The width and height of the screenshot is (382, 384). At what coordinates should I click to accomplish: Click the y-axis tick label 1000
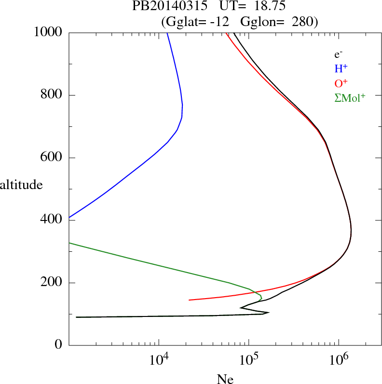pyautogui.click(x=48, y=32)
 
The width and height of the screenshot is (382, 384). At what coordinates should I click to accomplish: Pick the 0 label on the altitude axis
pyautogui.click(x=59, y=345)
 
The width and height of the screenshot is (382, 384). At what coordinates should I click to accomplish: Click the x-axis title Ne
pyautogui.click(x=226, y=379)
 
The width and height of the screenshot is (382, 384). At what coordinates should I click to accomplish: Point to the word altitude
pyautogui.click(x=21, y=184)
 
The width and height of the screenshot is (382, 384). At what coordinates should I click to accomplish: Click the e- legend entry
pyautogui.click(x=338, y=55)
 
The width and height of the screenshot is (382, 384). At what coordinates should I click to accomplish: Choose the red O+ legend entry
pyautogui.click(x=341, y=83)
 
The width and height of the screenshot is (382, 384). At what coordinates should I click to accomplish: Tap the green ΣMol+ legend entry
pyautogui.click(x=350, y=97)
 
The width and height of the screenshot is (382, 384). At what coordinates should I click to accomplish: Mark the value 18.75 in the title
pyautogui.click(x=264, y=7)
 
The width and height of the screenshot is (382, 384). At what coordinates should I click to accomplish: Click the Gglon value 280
pyautogui.click(x=303, y=22)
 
